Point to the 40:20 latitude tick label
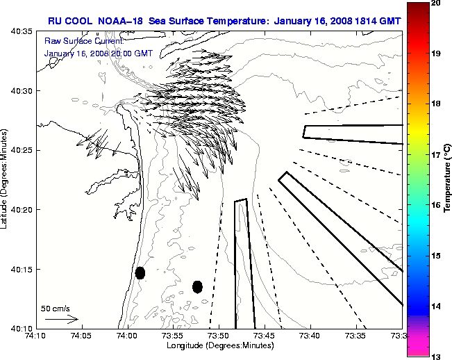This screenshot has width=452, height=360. pos(23,210)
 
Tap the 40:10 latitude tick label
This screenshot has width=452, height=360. pos(23,328)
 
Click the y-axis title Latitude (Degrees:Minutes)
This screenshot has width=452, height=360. pos(6,180)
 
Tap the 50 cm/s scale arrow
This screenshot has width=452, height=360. pos(61,319)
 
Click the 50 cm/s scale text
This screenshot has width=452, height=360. pos(56,308)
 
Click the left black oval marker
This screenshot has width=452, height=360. pos(140,272)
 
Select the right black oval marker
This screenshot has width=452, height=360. pos(197,286)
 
